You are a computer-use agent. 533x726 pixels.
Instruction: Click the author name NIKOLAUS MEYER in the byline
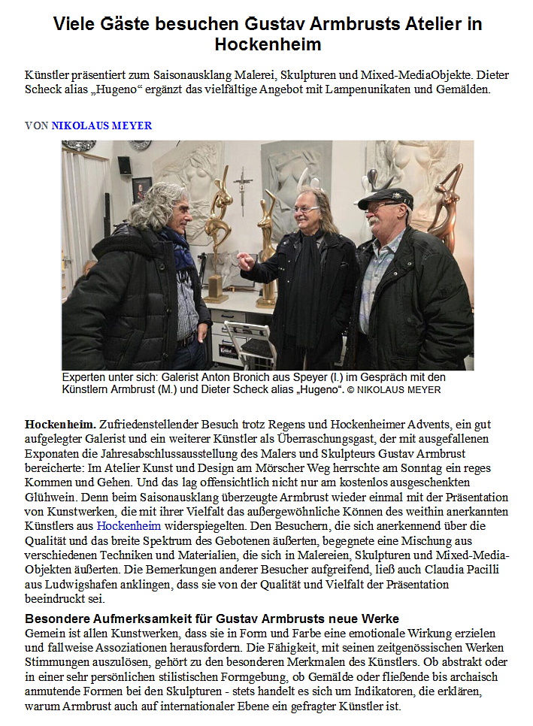pos(101,126)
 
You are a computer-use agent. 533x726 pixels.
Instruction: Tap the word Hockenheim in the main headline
pos(268,44)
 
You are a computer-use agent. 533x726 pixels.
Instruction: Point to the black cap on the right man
pos(385,198)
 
